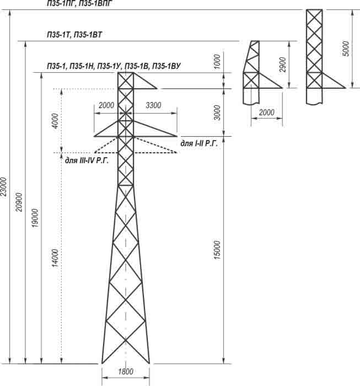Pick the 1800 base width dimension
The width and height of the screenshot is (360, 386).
[126, 372]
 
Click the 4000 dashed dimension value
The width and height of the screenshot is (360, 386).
[55, 120]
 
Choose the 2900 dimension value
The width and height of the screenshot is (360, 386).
[283, 65]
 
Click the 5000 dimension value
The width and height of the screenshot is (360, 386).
[346, 49]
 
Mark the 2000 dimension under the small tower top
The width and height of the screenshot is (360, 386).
[266, 112]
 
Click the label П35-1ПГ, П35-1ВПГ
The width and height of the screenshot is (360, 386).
[80, 3]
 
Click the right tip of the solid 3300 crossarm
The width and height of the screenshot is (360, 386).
[178, 136]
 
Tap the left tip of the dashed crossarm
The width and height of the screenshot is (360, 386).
[94, 153]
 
